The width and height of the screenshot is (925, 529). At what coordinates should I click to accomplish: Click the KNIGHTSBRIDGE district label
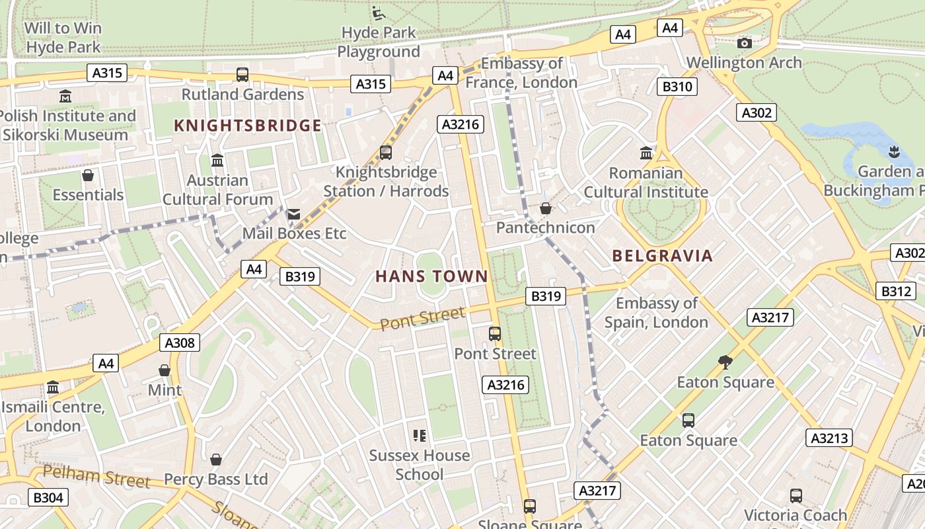(248, 126)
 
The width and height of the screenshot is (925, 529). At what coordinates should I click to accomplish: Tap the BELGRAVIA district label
(663, 256)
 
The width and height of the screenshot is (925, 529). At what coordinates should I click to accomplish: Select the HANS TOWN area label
(431, 276)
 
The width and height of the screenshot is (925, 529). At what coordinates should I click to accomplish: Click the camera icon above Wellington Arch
(745, 44)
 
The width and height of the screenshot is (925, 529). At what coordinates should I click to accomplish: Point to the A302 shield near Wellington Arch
(757, 112)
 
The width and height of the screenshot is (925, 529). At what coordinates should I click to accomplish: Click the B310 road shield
(677, 87)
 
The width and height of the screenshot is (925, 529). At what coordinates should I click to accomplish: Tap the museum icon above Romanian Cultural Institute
(646, 153)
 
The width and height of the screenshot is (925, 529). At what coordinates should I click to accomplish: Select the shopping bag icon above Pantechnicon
(546, 209)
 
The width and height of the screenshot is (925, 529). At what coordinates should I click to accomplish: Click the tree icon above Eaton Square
(725, 362)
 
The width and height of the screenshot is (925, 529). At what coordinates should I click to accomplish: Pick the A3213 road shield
(829, 438)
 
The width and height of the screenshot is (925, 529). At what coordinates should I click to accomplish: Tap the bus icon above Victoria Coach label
(796, 495)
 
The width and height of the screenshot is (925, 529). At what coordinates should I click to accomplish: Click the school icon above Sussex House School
(419, 435)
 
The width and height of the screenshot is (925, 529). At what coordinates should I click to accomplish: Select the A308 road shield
(179, 343)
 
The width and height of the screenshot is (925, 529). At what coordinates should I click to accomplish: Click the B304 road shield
(48, 497)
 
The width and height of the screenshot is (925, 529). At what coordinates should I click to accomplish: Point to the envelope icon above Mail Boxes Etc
(294, 214)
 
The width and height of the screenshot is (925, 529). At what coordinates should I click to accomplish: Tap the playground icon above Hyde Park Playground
(379, 13)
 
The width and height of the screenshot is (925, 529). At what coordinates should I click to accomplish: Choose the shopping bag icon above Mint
(165, 370)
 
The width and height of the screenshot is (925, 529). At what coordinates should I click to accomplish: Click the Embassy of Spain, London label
(656, 313)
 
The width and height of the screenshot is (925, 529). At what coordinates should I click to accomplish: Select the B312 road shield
(897, 291)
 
